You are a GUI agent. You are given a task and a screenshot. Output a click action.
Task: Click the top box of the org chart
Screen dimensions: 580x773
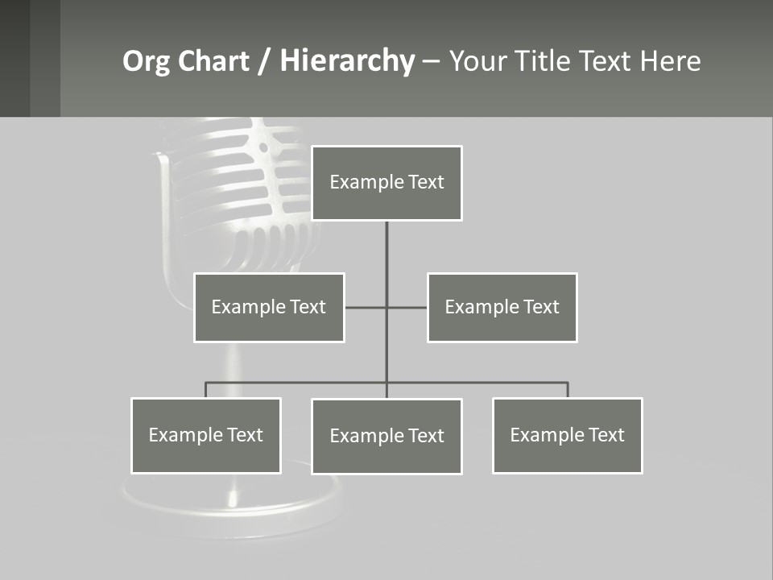click(386, 183)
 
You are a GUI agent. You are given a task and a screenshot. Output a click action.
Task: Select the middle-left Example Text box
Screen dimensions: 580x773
click(269, 307)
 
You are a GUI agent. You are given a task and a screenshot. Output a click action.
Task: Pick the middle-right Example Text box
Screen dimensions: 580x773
click(502, 307)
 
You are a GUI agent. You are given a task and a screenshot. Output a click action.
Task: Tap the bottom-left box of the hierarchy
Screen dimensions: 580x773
click(206, 435)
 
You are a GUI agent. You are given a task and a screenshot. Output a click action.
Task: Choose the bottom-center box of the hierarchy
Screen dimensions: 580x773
click(386, 436)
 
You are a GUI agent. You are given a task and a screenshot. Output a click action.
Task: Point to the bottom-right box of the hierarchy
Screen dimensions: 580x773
click(568, 435)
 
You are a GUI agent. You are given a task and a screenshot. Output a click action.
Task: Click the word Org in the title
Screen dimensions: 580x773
click(146, 61)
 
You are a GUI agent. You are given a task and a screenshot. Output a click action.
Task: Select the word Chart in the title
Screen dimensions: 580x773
click(213, 61)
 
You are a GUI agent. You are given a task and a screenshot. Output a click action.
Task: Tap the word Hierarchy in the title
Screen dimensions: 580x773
click(346, 61)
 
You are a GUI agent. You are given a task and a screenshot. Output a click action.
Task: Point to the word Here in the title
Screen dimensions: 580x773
click(670, 61)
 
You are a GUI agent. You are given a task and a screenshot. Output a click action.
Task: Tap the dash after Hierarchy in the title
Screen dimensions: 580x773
click(431, 62)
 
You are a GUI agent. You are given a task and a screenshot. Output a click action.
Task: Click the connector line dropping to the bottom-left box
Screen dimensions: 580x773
click(206, 390)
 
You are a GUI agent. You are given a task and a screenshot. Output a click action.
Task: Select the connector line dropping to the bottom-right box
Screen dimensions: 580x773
click(568, 390)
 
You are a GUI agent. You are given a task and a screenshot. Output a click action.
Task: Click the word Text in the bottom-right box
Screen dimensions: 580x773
click(606, 435)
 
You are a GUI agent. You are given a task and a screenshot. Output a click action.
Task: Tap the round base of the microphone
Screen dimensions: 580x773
click(234, 503)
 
